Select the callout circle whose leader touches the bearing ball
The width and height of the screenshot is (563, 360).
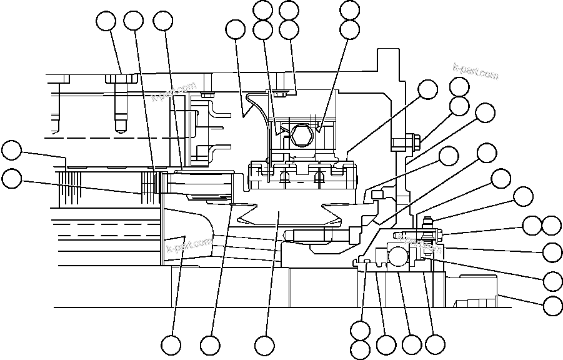tap(411, 344)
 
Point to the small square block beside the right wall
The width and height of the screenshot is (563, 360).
tap(376, 196)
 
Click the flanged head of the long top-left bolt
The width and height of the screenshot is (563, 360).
tap(121, 79)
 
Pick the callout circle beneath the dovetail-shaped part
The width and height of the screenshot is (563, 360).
tap(264, 344)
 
